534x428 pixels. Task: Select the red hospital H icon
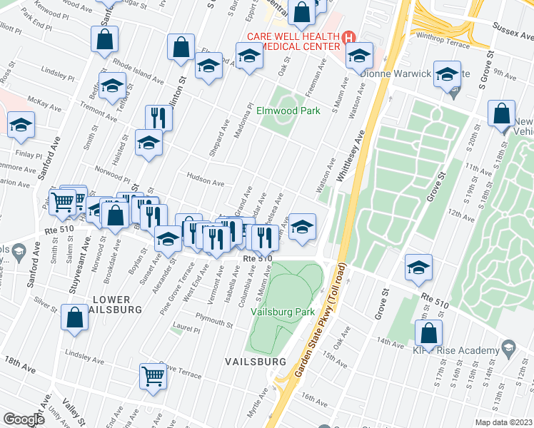(348, 37)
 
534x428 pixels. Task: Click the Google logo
(24, 419)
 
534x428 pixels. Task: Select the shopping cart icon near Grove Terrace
(153, 376)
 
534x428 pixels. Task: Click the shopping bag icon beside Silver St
(75, 317)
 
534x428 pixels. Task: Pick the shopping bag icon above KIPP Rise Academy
(428, 332)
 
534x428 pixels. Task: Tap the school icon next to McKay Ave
(21, 124)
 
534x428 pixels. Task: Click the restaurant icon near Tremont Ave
(158, 117)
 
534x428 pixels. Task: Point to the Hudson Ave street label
(205, 182)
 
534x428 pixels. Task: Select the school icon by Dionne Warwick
(447, 74)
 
